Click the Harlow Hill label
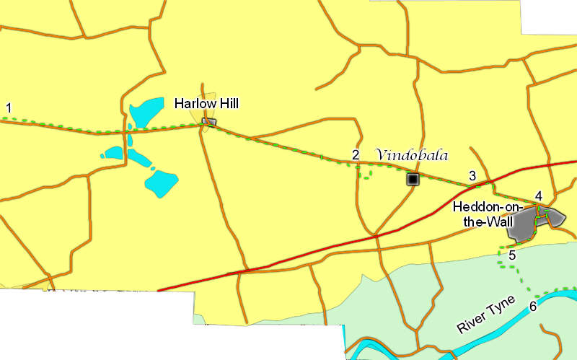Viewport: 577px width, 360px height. [x=206, y=104]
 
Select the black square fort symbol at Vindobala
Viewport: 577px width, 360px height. [x=413, y=179]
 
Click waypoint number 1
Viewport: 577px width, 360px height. [x=9, y=108]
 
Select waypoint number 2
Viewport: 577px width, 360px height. [x=355, y=154]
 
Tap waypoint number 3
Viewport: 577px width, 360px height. [x=472, y=175]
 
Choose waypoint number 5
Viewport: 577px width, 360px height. [x=511, y=254]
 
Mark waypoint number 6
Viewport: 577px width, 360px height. [x=533, y=307]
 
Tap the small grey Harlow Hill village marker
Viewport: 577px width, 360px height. [x=208, y=122]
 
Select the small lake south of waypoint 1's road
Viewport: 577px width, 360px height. [x=114, y=153]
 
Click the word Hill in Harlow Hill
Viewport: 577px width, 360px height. [x=227, y=104]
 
